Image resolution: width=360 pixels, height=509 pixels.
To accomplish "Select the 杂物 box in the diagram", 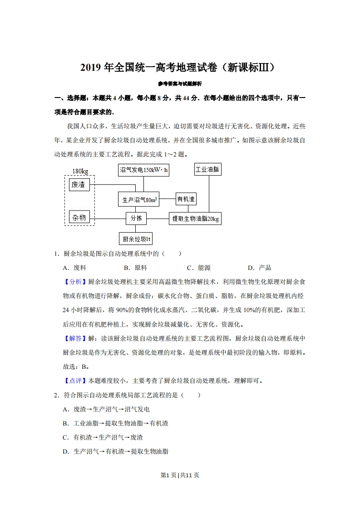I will (x=79, y=217).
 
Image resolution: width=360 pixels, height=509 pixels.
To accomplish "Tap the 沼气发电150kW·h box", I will (x=143, y=170).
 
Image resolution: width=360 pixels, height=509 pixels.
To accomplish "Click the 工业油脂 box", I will (x=207, y=170).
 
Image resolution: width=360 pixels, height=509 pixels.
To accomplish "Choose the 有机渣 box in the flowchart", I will (x=186, y=199).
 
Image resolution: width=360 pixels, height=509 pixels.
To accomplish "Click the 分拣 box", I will (x=136, y=218).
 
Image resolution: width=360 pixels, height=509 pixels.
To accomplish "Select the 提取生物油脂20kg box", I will (x=195, y=219).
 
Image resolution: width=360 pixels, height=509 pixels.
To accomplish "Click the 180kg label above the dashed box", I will (x=80, y=171).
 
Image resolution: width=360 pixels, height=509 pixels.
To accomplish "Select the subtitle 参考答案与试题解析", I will (x=180, y=83).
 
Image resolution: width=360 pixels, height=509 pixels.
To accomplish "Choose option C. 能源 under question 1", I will (x=198, y=268).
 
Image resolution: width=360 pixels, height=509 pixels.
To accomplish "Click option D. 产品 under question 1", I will (x=259, y=268).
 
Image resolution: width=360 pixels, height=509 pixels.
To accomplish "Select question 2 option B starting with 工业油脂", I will (x=116, y=423).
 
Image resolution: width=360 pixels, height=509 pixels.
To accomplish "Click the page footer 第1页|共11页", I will (x=180, y=475).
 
